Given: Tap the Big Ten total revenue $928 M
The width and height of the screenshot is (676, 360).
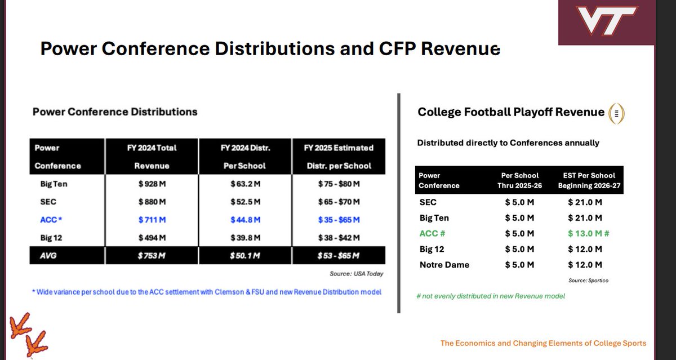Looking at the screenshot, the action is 152,184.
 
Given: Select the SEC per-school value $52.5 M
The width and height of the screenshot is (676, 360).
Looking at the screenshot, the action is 246,202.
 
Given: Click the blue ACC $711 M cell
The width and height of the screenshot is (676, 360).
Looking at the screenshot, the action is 152,220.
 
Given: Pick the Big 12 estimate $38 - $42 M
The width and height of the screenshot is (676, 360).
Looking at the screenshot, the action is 339,238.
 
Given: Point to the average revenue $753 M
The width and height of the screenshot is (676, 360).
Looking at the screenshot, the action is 152,256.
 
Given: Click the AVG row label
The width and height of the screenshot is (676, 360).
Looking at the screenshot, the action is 48,256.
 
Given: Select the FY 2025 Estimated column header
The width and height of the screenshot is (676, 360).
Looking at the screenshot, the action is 339,157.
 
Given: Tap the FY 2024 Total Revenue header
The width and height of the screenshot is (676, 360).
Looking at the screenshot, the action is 152,157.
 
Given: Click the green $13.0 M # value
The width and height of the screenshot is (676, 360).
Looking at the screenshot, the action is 589,233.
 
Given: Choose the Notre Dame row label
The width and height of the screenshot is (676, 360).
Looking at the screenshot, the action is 444,265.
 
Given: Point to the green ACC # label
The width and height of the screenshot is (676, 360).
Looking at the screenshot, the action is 432,233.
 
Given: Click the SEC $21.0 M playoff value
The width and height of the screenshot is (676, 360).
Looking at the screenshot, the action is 585,202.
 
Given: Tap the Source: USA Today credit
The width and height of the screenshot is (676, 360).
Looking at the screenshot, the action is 356,274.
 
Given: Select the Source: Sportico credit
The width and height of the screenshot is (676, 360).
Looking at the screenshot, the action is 588,281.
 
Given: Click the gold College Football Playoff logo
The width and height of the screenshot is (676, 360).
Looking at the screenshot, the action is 616,113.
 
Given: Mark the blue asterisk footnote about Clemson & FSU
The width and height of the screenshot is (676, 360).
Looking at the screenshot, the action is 207,292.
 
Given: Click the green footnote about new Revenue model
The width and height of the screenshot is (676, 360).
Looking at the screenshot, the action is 491,296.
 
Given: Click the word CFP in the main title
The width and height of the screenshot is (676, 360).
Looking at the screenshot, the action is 397,48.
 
